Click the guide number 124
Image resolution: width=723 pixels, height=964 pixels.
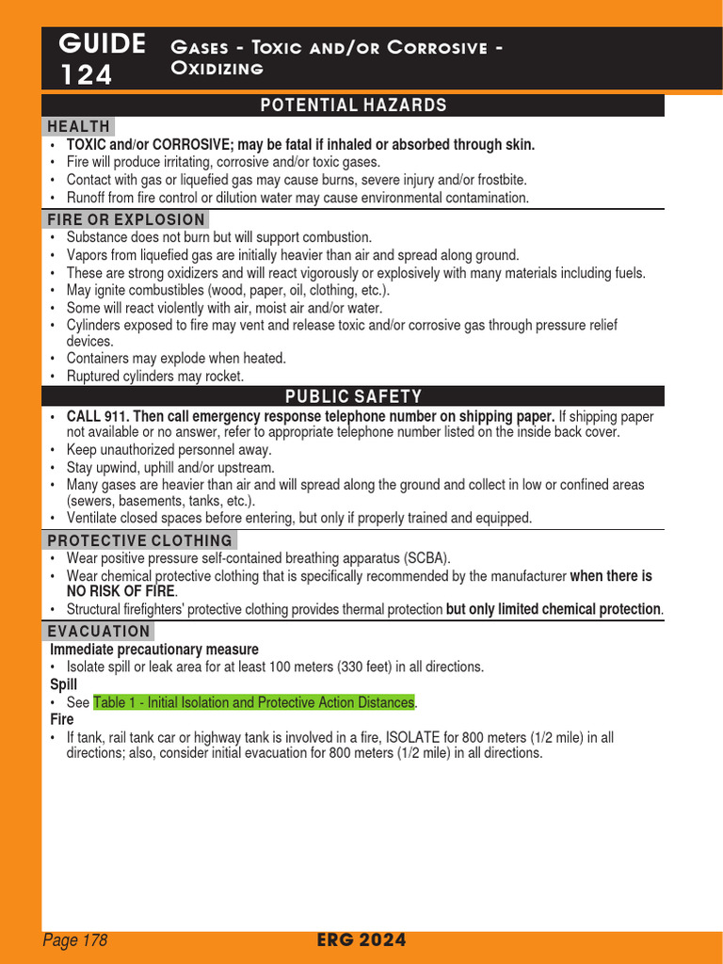coord(87,74)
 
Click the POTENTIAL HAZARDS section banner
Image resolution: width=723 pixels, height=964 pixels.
coord(353,105)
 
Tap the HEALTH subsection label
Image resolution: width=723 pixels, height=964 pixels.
coord(79,126)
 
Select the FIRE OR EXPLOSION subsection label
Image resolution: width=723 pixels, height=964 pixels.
coord(126,219)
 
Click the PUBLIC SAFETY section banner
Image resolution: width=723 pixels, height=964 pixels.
coord(353,396)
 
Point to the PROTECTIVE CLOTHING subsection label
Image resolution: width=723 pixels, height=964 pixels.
coord(140,540)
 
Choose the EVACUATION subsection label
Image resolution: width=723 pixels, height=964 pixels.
coord(99,631)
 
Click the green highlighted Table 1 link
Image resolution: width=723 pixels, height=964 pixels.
coord(253,702)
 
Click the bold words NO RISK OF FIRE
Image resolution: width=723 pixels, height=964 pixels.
coord(120,592)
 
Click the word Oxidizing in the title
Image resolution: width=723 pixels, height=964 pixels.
coord(217,69)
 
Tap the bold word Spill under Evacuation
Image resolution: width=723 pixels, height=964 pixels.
coord(63,684)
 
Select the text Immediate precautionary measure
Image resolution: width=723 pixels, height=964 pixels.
coord(153,650)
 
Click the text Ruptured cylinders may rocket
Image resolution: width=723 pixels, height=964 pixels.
coord(155,376)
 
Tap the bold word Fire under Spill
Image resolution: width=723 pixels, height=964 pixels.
coord(62,719)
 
